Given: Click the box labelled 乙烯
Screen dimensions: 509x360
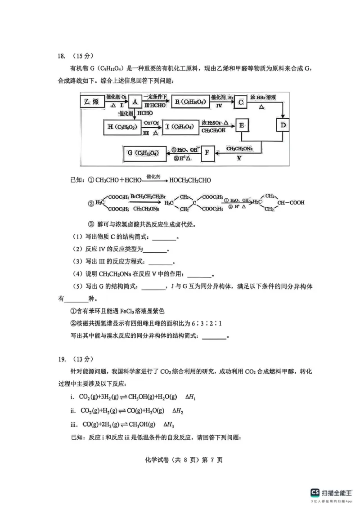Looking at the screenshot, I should click(x=92, y=102).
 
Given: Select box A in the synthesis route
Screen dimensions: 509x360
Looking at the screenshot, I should click(x=135, y=102).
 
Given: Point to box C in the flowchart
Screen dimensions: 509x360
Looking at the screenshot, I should click(x=241, y=102).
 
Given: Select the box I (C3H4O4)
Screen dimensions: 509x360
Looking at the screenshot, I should click(x=179, y=126).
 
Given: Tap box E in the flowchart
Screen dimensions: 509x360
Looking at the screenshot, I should click(x=242, y=126).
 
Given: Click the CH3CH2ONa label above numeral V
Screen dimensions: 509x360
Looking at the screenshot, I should click(x=239, y=149).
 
